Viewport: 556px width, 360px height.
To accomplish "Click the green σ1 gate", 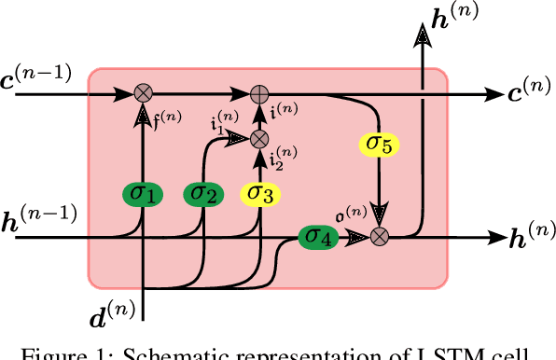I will click(x=143, y=194).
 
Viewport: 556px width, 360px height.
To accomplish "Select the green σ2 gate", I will click(x=202, y=194).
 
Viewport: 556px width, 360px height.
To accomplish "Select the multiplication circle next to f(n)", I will click(x=143, y=93).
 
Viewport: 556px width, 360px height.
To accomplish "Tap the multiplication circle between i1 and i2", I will click(x=260, y=139).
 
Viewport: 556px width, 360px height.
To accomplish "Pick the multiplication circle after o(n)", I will click(x=380, y=237).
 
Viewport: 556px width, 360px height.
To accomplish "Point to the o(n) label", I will click(x=351, y=215).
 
